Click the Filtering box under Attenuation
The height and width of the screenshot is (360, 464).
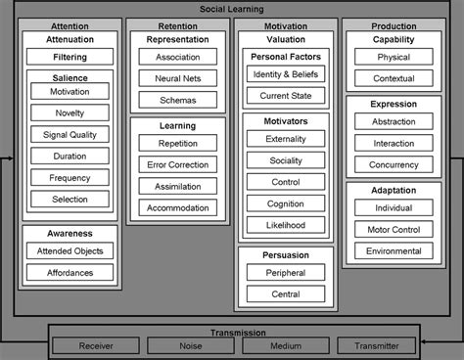coord(69,58)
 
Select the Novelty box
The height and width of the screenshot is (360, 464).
coord(69,112)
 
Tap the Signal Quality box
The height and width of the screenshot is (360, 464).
coord(69,134)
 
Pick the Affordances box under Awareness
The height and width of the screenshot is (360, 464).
coord(69,272)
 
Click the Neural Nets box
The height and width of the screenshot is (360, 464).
coord(177,78)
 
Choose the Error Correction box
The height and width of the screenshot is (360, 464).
coord(177,163)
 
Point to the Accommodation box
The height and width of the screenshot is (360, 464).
coord(177,206)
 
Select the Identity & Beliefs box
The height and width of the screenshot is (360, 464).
coord(286,74)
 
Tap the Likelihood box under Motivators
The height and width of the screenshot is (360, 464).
coord(286,225)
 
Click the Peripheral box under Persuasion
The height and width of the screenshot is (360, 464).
coord(286,273)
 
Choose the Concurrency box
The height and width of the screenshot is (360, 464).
coord(394,165)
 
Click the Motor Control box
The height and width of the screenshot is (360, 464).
coord(394,229)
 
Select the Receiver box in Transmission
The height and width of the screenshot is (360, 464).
coord(95,344)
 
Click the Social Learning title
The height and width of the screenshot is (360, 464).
coord(232,8)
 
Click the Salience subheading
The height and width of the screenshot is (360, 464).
coord(69,77)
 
